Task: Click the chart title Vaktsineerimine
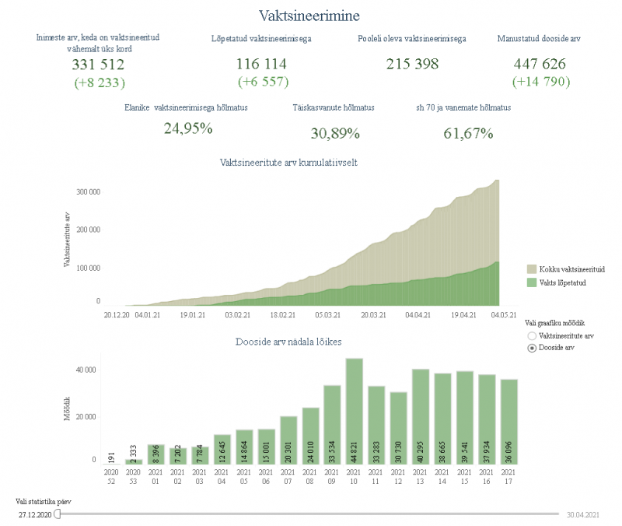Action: [x=309, y=15]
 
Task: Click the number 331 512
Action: [x=98, y=65]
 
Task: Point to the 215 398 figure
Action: [x=412, y=65]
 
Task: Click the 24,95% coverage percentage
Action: [x=188, y=128]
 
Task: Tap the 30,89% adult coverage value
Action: [x=335, y=133]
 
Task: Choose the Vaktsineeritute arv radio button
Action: [x=532, y=336]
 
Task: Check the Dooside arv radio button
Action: [x=532, y=348]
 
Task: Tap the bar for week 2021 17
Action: [x=509, y=421]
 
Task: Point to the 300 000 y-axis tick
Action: [x=87, y=191]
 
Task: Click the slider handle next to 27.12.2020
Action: [x=58, y=514]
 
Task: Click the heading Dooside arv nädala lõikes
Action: [x=288, y=342]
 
